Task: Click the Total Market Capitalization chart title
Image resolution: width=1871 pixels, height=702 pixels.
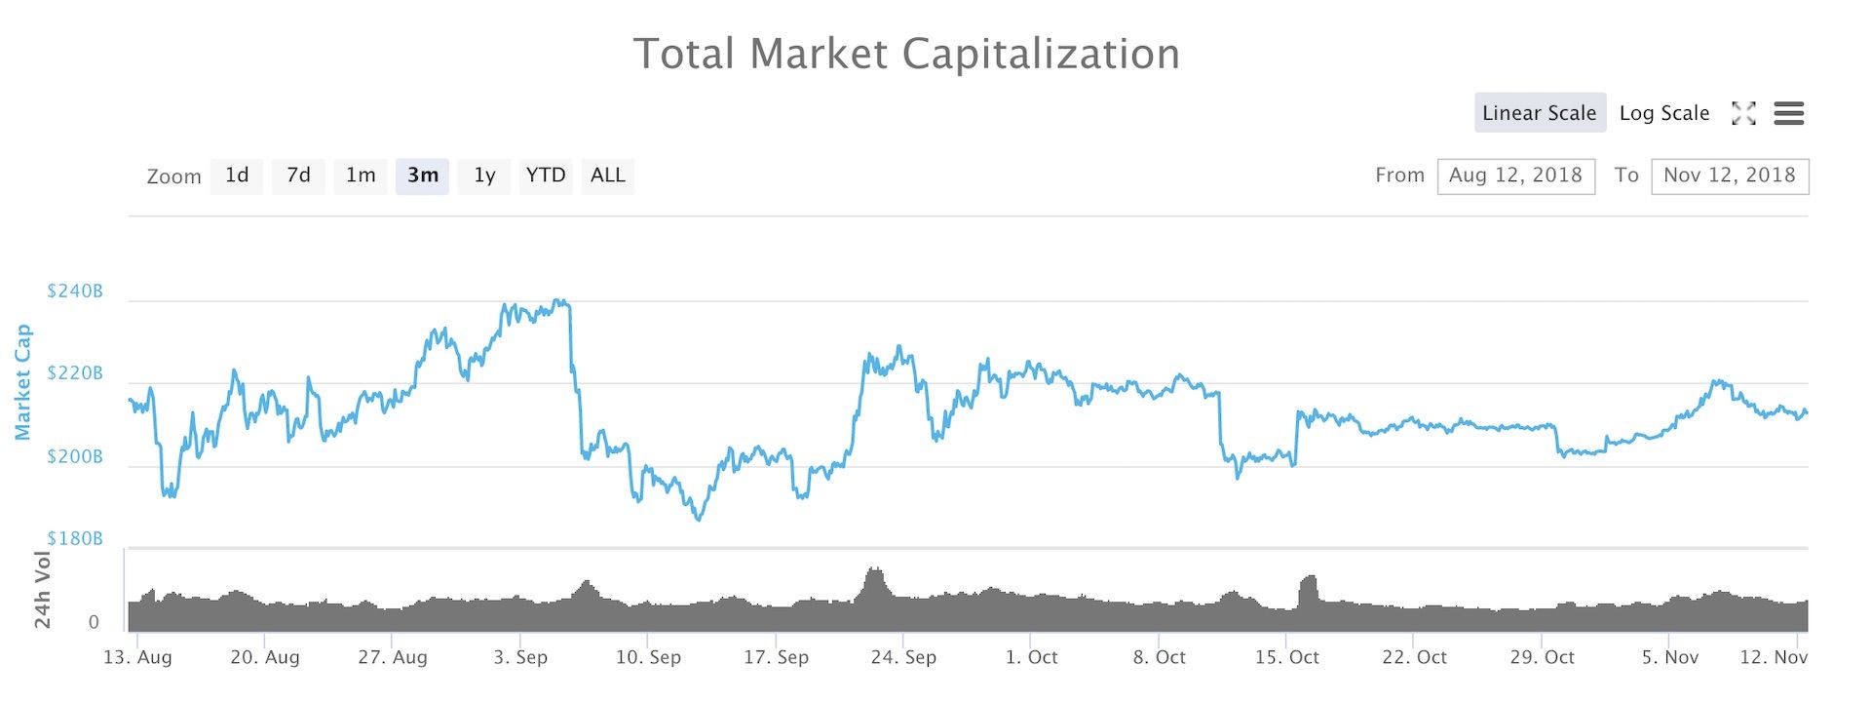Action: [x=906, y=54]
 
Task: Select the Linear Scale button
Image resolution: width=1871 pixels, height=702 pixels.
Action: [x=1539, y=113]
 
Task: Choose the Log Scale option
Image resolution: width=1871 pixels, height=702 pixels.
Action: [x=1663, y=113]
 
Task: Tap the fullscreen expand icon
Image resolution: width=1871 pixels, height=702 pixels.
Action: [x=1743, y=113]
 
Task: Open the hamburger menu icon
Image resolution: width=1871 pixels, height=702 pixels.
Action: [x=1788, y=113]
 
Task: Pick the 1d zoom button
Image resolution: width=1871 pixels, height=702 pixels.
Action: [x=237, y=175]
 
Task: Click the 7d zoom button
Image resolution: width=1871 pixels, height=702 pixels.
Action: [x=298, y=175]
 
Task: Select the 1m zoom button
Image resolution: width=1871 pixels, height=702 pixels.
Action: [x=360, y=175]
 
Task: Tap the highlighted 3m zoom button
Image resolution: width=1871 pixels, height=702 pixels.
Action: [x=422, y=175]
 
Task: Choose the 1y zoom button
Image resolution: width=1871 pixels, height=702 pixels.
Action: [x=484, y=175]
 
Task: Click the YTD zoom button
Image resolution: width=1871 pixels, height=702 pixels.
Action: [x=546, y=175]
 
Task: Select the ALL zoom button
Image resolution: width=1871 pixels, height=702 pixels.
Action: [x=607, y=175]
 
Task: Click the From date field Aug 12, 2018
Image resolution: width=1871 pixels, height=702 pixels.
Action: [x=1515, y=175]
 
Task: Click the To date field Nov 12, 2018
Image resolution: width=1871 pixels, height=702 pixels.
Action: [x=1730, y=175]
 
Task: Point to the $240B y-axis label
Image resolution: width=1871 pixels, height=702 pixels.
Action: [x=75, y=292]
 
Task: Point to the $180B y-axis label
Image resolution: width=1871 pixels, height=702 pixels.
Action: [x=75, y=539]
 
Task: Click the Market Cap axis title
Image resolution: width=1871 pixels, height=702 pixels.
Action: [x=23, y=382]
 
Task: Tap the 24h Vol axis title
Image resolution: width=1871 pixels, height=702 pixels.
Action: [x=43, y=590]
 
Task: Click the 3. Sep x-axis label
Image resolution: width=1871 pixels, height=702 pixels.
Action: [x=520, y=657]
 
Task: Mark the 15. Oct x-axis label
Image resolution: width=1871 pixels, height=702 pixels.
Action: [x=1286, y=657]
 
